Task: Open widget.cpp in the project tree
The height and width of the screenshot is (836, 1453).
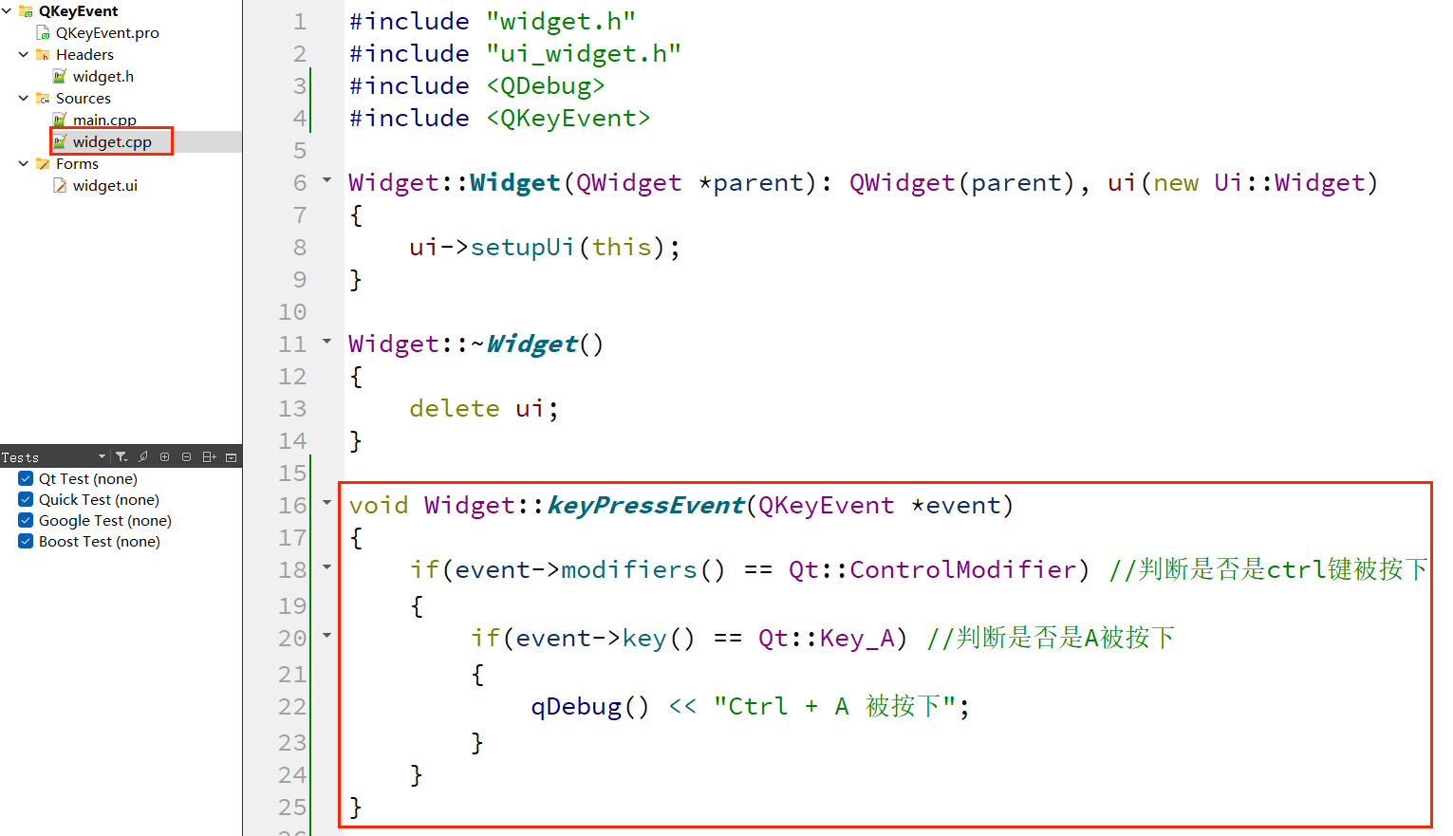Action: point(112,142)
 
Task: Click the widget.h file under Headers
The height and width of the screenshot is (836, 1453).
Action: point(102,77)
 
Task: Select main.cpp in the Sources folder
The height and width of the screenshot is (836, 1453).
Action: point(104,121)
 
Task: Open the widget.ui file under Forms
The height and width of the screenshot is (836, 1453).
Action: point(104,186)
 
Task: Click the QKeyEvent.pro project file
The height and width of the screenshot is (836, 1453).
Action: point(106,33)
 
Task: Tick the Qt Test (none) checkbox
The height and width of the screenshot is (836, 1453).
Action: point(26,479)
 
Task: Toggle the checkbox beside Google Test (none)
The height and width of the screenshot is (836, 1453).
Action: point(26,521)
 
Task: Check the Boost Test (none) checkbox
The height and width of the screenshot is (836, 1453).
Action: point(26,542)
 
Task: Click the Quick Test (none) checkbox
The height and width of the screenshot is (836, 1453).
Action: point(26,500)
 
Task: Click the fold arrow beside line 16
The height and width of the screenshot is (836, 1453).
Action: point(327,503)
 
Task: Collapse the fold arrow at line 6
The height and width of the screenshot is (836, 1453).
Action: point(327,180)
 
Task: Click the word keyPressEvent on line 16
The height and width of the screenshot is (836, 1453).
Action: point(646,506)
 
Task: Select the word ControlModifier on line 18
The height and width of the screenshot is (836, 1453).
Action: point(962,570)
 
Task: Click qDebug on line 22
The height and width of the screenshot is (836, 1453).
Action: point(576,707)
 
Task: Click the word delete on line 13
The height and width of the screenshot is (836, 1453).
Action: point(454,409)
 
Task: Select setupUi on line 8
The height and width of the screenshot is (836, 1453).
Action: point(522,248)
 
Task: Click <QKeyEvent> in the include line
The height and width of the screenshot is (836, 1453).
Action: point(568,119)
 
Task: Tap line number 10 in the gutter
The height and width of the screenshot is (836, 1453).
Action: point(292,312)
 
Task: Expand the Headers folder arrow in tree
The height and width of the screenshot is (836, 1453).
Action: point(24,55)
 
